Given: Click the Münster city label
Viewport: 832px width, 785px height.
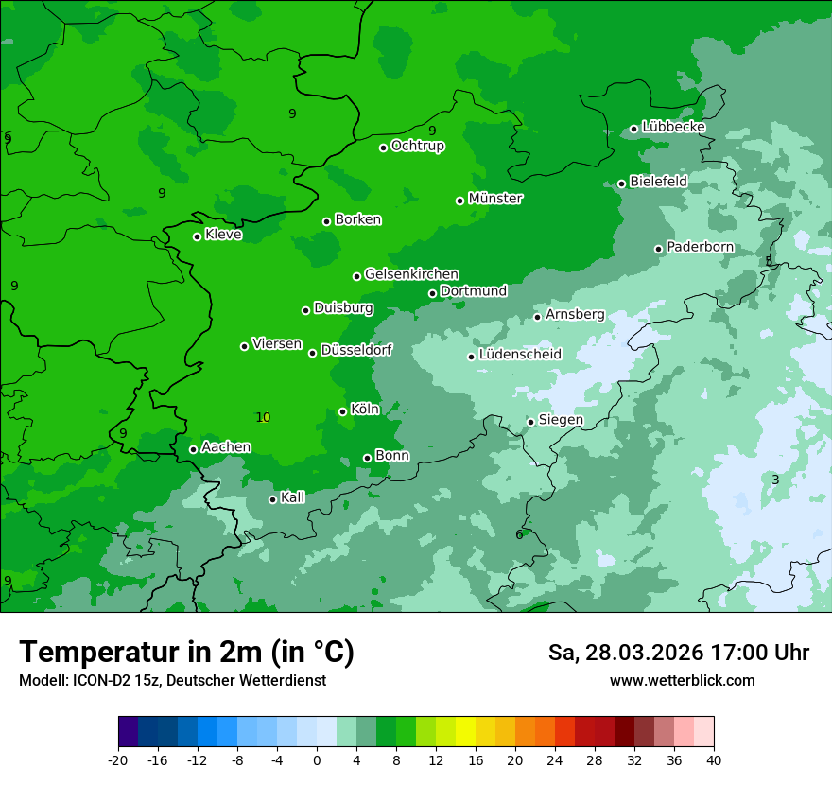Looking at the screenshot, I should [495, 199].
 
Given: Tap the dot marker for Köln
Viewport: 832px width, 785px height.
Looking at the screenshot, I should [342, 411].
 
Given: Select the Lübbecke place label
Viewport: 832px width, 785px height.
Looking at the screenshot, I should [674, 127].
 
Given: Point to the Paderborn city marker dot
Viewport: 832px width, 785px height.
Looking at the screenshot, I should [659, 249].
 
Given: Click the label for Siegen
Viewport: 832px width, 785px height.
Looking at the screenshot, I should [561, 420].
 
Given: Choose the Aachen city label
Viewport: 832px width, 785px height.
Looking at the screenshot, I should [226, 447].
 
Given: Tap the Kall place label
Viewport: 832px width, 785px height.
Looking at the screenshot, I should [293, 497].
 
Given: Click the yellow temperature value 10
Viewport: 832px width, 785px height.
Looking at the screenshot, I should [263, 417].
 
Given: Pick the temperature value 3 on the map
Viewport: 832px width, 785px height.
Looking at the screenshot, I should [775, 480].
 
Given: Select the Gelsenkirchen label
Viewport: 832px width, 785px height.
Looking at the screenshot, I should [411, 274].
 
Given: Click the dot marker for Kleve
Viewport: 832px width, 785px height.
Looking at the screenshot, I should [197, 236].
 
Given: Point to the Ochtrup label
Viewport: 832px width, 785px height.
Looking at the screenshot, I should [418, 146].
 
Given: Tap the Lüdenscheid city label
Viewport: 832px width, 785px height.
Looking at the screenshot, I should [520, 355].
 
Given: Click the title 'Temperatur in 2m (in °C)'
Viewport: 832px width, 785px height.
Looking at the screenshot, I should [187, 653].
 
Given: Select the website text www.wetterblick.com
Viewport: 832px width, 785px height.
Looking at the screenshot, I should [682, 680].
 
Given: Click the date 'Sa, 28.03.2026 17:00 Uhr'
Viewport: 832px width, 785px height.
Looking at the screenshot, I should [678, 653].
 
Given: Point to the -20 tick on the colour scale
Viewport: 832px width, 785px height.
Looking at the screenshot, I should [118, 759].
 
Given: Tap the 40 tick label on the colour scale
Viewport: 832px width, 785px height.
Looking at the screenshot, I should [714, 759].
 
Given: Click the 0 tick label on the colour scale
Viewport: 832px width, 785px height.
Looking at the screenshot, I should [317, 759].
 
